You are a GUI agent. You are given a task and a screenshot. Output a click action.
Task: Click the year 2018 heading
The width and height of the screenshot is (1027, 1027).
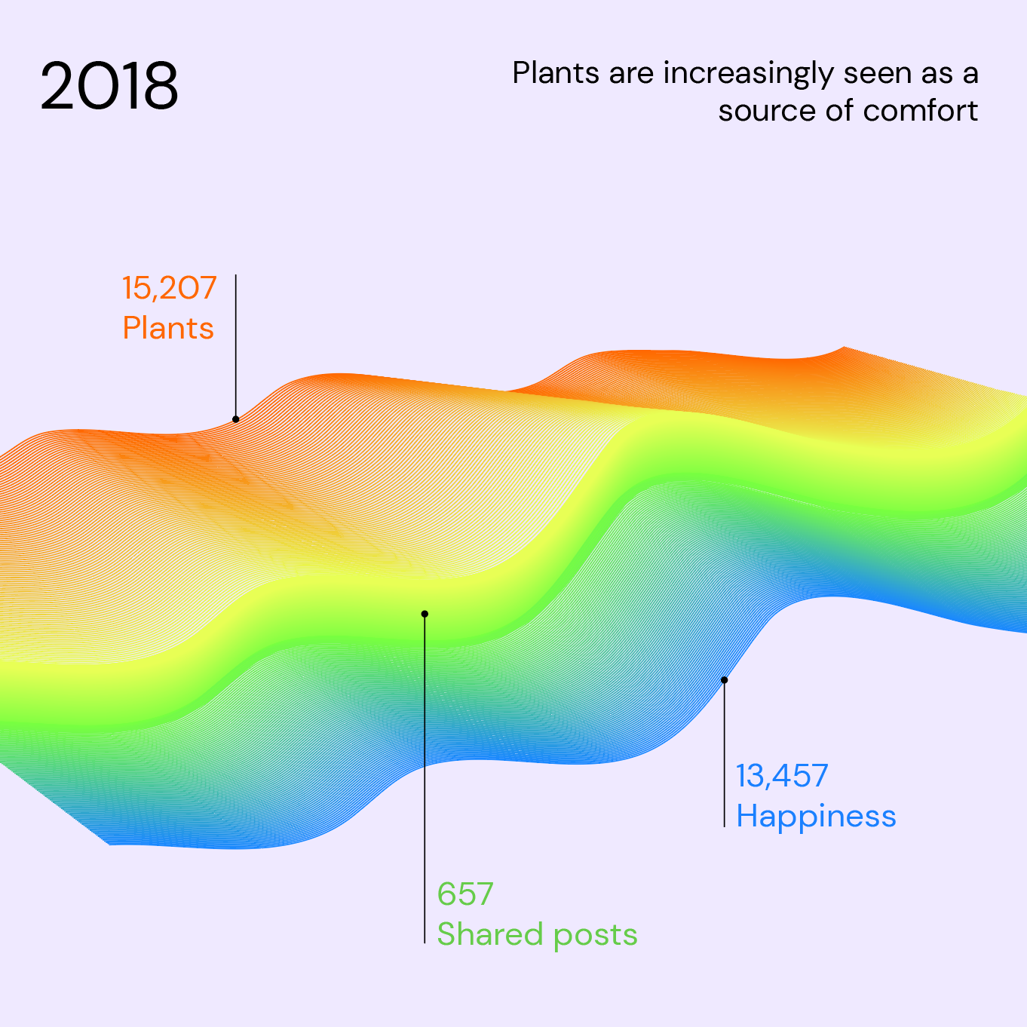(x=109, y=86)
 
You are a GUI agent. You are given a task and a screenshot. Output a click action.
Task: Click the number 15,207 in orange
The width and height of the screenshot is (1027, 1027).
(x=170, y=288)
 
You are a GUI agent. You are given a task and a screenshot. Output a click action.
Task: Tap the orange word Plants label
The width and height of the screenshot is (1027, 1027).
(x=168, y=329)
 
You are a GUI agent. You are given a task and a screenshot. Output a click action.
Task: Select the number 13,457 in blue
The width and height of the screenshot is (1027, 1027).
(x=782, y=776)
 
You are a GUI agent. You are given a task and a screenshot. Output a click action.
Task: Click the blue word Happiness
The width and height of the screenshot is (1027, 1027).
(x=816, y=816)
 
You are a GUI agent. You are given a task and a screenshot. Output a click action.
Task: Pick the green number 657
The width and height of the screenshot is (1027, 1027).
(x=465, y=894)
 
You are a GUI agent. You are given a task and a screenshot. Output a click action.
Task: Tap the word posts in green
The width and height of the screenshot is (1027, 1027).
(x=596, y=936)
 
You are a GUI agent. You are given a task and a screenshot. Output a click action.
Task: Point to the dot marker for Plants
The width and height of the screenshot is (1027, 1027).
(x=236, y=419)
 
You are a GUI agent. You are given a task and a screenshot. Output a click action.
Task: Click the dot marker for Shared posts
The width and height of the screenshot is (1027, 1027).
(x=425, y=614)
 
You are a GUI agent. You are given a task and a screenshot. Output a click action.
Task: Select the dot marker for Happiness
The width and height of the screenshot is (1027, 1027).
(x=724, y=680)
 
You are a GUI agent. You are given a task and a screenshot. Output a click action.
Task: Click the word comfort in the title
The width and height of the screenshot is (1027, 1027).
(x=921, y=111)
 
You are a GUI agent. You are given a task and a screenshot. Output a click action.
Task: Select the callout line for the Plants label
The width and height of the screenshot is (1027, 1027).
(x=236, y=347)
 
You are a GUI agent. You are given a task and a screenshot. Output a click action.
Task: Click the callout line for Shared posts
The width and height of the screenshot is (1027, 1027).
(x=425, y=777)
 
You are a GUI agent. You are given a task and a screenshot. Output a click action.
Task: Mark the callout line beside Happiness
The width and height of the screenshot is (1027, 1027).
(x=724, y=754)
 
